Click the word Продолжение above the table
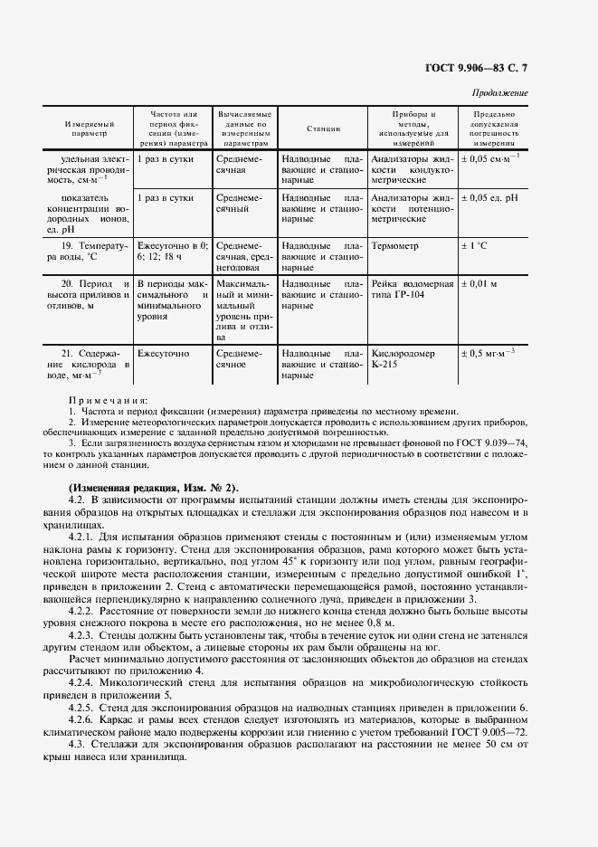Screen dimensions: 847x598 pos(500,93)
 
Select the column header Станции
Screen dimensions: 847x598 pos(322,128)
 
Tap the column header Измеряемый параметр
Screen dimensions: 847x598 pos(89,128)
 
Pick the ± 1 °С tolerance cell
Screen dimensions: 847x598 pos(476,246)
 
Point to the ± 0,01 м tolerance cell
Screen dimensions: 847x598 pos(481,284)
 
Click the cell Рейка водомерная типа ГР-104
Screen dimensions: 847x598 pos(412,290)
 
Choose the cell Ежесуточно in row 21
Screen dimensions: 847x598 pos(163,354)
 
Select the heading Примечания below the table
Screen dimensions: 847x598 pos(109,400)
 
